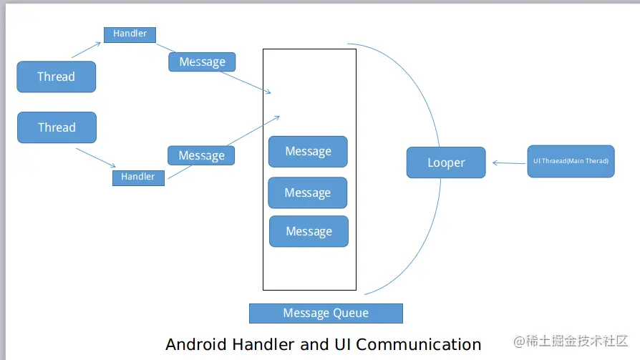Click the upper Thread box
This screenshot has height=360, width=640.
(x=56, y=77)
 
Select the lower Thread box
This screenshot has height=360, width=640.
(x=57, y=127)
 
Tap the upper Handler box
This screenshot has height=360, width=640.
(x=130, y=34)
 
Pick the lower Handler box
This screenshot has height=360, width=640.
(x=138, y=177)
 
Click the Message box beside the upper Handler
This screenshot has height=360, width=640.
(x=202, y=62)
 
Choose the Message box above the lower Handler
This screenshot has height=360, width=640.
(x=201, y=155)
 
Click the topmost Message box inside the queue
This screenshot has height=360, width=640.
(x=308, y=152)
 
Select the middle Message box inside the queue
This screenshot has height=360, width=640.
(x=307, y=193)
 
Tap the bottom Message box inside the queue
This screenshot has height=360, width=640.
(x=309, y=231)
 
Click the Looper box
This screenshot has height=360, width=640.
(x=446, y=162)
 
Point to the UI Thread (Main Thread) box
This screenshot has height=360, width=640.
(x=571, y=161)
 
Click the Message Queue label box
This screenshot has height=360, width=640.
(x=326, y=313)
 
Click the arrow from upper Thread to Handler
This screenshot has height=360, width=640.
(x=86, y=49)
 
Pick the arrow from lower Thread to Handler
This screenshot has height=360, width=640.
(x=95, y=157)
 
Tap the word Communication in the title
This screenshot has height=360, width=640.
(x=418, y=344)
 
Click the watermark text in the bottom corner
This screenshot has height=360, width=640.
(x=571, y=341)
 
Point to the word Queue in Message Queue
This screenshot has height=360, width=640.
(x=350, y=313)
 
